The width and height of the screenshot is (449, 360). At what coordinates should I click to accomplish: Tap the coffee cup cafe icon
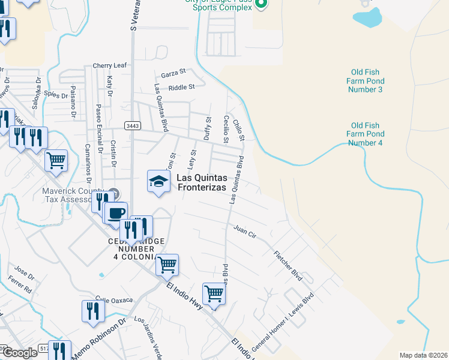pyautogui.click(x=116, y=212)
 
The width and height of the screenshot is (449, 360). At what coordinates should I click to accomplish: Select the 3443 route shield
pyautogui.click(x=133, y=125)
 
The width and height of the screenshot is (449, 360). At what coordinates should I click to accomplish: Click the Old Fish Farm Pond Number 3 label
pyautogui.click(x=365, y=81)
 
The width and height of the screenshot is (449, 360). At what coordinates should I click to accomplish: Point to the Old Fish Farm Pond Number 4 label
pyautogui.click(x=365, y=134)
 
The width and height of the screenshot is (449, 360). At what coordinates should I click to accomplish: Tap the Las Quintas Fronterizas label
pyautogui.click(x=201, y=182)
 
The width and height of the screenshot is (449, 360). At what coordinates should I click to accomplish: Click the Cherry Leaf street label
pyautogui.click(x=110, y=65)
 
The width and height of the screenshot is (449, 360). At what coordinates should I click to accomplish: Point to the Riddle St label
pyautogui.click(x=182, y=87)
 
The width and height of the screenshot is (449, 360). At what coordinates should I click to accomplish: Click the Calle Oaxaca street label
pyautogui.click(x=113, y=299)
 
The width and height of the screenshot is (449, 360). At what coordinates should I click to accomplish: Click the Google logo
pyautogui.click(x=20, y=353)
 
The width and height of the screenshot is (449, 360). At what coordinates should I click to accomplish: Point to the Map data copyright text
pyautogui.click(x=423, y=355)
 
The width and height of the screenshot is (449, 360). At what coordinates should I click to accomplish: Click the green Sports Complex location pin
pyautogui.click(x=261, y=5)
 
